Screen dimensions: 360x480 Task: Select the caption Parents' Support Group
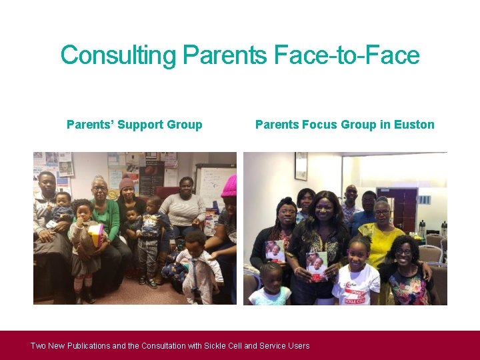pos(134,125)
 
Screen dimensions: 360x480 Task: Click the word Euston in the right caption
pos(413,125)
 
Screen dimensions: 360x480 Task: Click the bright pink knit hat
pos(229,186)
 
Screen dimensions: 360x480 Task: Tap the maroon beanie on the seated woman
pos(127,182)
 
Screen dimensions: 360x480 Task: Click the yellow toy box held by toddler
pos(95,233)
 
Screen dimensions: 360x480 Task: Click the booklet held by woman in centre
pos(316,265)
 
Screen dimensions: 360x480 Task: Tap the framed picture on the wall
pos(301,166)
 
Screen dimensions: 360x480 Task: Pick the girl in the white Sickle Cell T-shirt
pos(357,273)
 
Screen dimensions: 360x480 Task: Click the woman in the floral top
pos(408,273)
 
